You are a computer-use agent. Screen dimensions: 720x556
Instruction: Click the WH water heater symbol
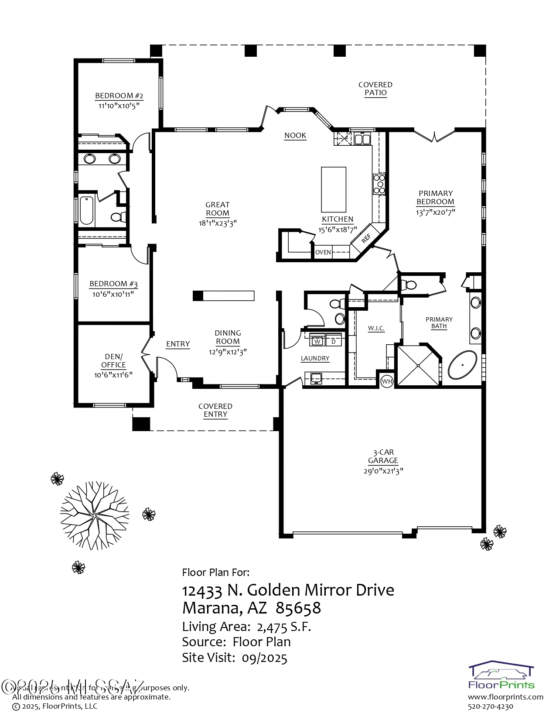click(387, 381)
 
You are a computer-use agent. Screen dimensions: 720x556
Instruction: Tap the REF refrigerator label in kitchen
click(366, 238)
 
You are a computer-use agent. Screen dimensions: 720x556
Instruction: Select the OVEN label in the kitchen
click(323, 252)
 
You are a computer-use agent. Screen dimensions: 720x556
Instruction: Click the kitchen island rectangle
click(334, 189)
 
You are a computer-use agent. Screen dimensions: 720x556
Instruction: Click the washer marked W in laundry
click(318, 341)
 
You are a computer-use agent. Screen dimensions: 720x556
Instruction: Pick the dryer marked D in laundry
click(334, 341)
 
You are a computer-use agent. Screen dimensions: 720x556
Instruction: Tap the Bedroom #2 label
click(119, 96)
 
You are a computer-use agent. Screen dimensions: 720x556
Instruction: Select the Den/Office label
click(113, 360)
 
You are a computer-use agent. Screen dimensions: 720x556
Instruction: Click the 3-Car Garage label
click(383, 456)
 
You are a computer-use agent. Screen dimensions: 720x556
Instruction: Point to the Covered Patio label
click(375, 89)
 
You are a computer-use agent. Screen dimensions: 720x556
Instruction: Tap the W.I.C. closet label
click(376, 328)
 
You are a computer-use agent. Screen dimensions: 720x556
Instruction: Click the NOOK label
click(295, 135)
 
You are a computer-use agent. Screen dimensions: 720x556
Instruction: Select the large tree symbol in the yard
click(95, 515)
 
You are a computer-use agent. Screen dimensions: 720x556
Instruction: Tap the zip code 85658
click(298, 607)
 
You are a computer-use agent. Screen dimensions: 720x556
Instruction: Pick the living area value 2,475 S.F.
click(283, 627)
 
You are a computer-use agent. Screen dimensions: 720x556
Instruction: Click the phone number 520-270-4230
click(491, 706)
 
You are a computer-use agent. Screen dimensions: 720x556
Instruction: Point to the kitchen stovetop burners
click(379, 184)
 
